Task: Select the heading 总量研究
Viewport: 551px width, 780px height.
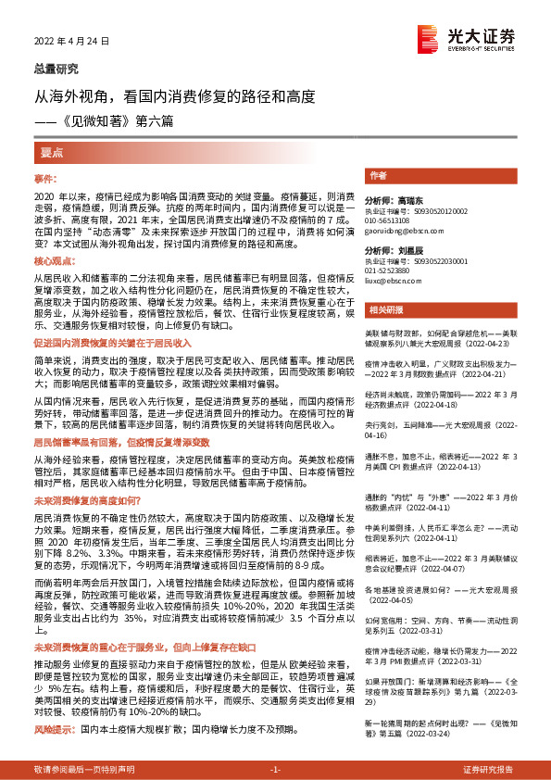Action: (x=56, y=69)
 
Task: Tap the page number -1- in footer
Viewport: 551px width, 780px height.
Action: (x=274, y=769)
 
